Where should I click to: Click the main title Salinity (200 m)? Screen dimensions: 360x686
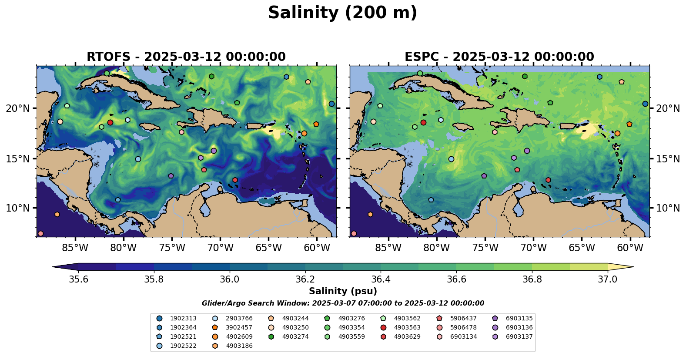tap(342, 13)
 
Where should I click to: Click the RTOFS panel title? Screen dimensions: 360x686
tap(186, 57)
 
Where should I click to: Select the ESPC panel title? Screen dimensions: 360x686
tap(499, 57)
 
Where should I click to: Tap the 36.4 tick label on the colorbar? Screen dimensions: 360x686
tap(381, 279)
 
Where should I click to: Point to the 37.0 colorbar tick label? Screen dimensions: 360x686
tap(607, 279)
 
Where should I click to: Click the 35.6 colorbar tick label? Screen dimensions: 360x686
tap(79, 279)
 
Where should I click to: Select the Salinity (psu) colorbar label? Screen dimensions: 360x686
tap(343, 291)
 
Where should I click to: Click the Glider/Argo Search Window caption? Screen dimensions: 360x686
tap(343, 303)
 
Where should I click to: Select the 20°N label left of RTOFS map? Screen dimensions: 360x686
tap(18, 108)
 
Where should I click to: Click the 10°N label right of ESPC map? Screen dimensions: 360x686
tap(668, 208)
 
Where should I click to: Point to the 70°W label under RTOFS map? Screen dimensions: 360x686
tap(220, 248)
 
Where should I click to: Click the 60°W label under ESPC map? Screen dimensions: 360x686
tap(630, 248)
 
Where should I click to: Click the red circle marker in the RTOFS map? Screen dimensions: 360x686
tap(110, 123)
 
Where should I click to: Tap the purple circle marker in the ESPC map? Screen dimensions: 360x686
tap(527, 151)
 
